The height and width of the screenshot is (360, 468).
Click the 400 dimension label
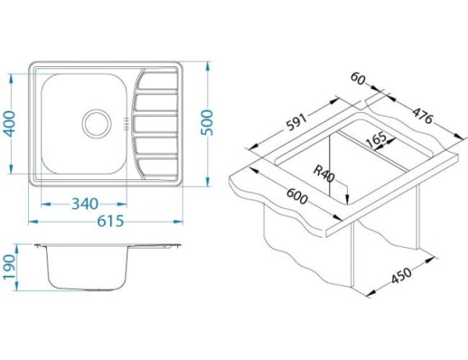coord(10,124)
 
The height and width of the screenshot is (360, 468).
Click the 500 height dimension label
coord(207,122)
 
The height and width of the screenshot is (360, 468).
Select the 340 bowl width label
coord(84,204)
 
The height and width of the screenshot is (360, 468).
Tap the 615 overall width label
coord(111,221)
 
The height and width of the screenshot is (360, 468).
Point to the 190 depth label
coord(9,267)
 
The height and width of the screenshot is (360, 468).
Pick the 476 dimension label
coord(422,115)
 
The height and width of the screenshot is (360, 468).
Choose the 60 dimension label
coord(357,79)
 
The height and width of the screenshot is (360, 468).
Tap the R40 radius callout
coord(324,175)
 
